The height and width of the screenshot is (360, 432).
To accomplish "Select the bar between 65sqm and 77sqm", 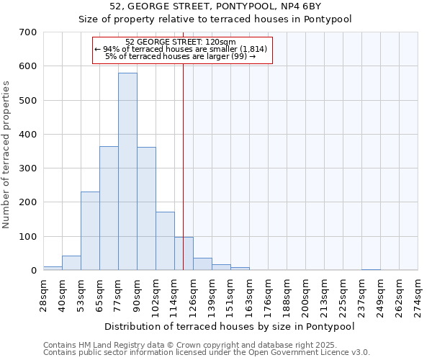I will click(x=109, y=208).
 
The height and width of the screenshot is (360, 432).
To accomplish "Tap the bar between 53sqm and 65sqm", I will click(x=90, y=230).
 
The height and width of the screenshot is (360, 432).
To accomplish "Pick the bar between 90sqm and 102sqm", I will click(x=146, y=209).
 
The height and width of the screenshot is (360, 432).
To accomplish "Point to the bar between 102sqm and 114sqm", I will click(x=165, y=241).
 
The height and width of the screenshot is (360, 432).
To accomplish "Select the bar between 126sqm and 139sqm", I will click(x=202, y=264).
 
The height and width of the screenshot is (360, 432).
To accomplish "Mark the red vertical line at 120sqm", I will click(x=184, y=158).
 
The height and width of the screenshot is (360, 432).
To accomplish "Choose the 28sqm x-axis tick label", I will click(x=43, y=294).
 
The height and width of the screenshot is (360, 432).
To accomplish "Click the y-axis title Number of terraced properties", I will click(x=7, y=155).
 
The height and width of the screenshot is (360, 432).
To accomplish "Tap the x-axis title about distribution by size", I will click(x=230, y=326).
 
